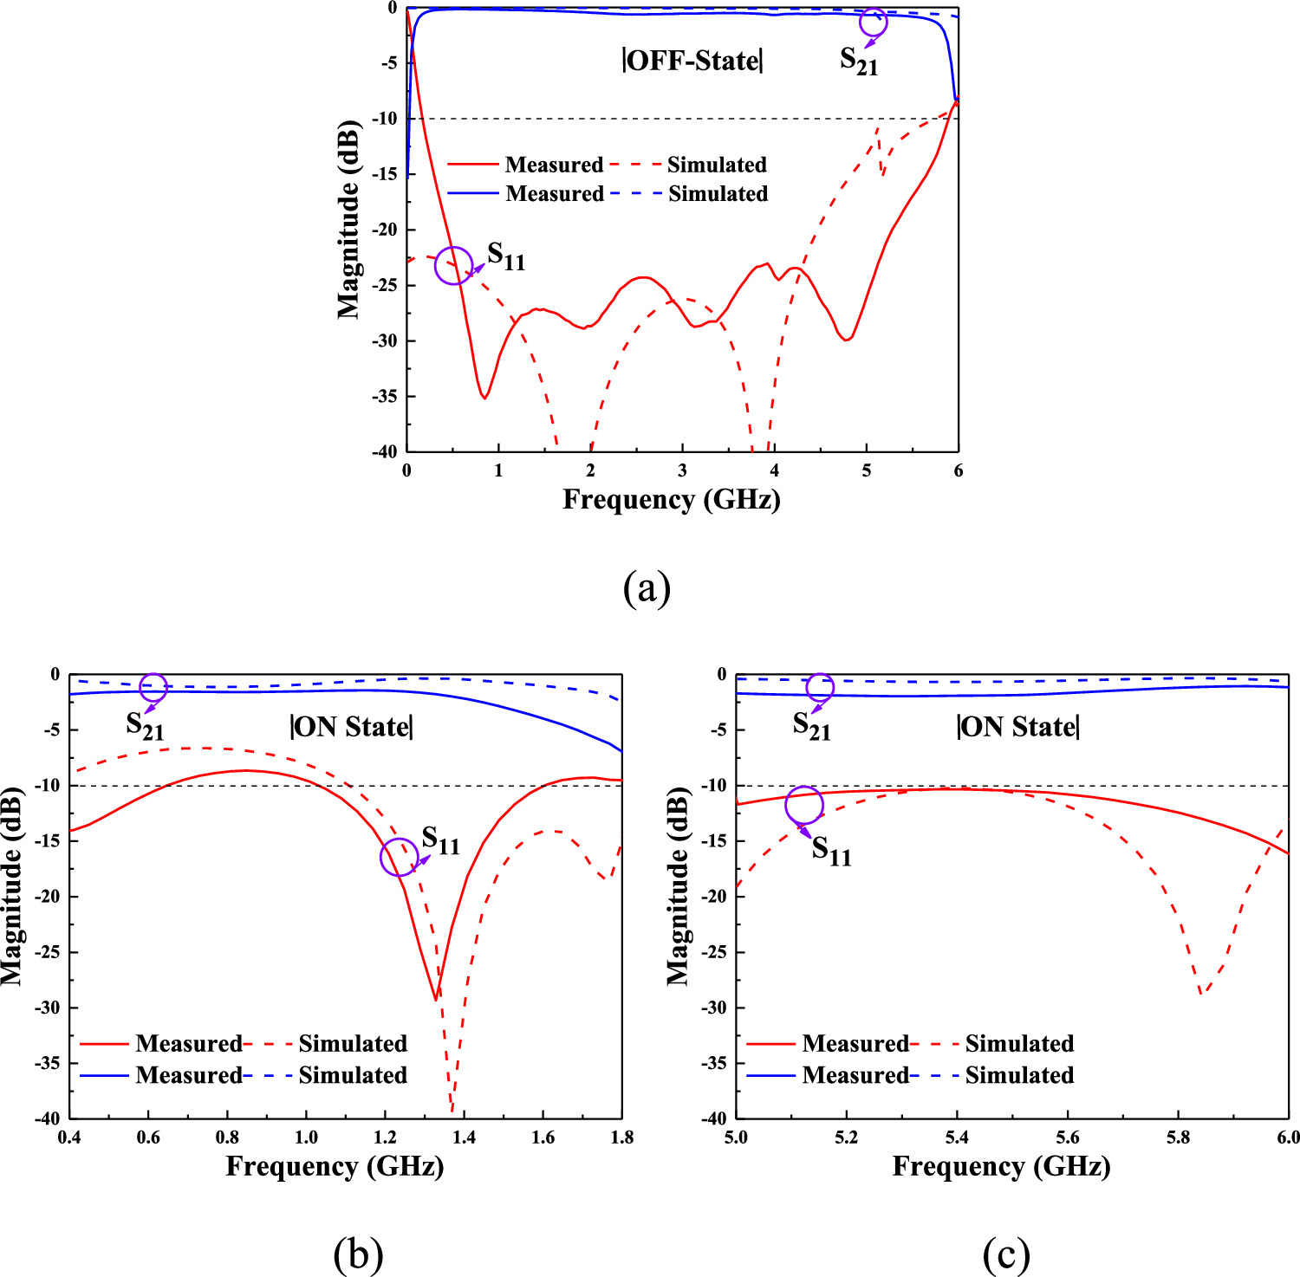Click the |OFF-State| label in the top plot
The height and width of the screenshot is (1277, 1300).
click(x=692, y=61)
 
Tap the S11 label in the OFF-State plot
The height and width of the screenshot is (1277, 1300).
click(x=506, y=256)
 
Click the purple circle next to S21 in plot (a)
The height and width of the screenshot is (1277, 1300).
click(x=873, y=23)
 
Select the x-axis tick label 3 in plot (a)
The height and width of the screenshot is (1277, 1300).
click(x=683, y=470)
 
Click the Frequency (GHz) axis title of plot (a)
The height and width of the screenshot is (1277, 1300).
click(x=672, y=500)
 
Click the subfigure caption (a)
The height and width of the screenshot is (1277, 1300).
click(x=647, y=588)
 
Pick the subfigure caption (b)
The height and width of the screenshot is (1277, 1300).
click(x=358, y=1253)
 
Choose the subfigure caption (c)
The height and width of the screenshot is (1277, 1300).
click(x=1006, y=1253)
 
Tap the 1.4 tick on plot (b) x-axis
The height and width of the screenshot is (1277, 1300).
click(x=464, y=1138)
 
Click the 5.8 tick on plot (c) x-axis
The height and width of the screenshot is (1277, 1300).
click(x=1178, y=1138)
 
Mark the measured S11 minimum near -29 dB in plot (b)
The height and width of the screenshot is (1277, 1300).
click(x=436, y=1000)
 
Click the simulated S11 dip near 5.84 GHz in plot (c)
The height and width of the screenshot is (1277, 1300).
click(x=1201, y=993)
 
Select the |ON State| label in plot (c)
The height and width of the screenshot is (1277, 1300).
click(x=1017, y=727)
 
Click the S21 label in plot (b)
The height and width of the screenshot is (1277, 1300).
click(x=145, y=725)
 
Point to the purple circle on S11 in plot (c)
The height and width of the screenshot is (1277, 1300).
click(x=803, y=805)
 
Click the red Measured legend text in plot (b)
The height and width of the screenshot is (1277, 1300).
click(x=188, y=1043)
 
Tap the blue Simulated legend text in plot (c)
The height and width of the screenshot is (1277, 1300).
click(x=1019, y=1075)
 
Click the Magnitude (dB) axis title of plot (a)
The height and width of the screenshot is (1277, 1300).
click(x=348, y=220)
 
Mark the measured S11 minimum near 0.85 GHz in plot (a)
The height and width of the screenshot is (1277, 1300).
click(x=484, y=398)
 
